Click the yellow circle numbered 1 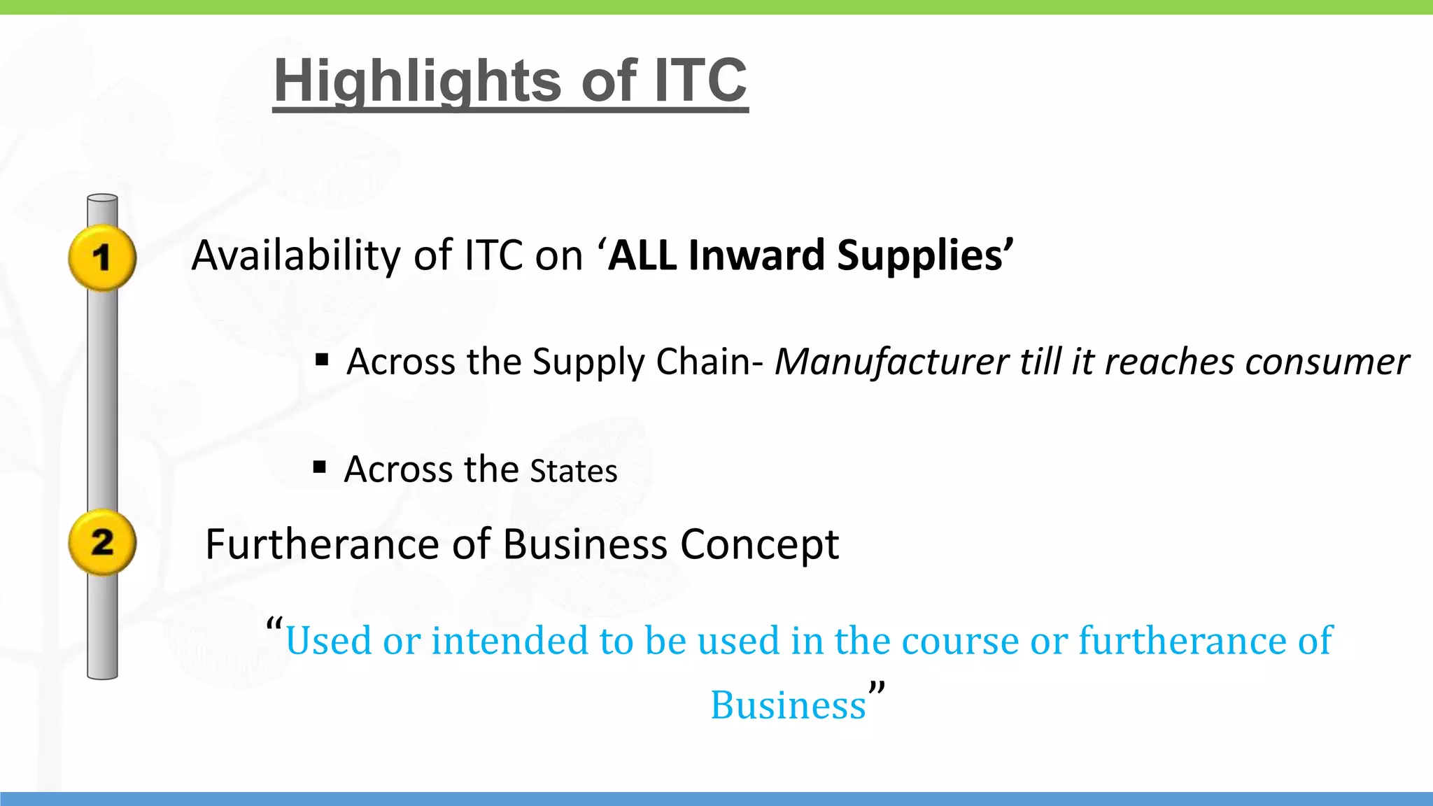click(x=102, y=257)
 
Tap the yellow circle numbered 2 click(x=102, y=542)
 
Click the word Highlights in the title click(x=417, y=80)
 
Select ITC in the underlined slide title click(x=700, y=80)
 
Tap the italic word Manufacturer click(x=891, y=362)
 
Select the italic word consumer click(x=1327, y=362)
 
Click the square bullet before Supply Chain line click(x=322, y=360)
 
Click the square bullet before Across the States click(x=320, y=467)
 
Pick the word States click(x=574, y=471)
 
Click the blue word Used click(x=328, y=640)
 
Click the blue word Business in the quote click(x=788, y=705)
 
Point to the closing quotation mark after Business click(x=877, y=689)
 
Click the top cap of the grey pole click(x=102, y=199)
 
